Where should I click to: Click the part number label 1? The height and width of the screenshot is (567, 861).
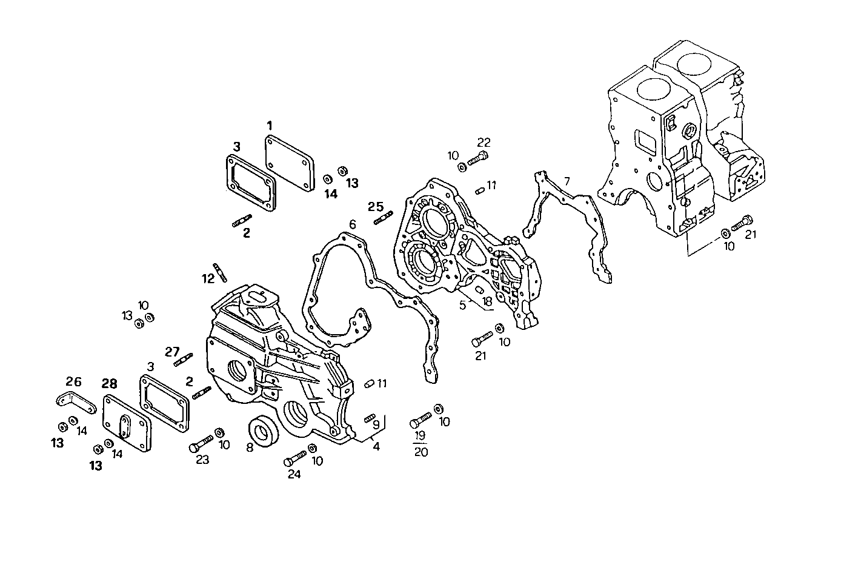269,126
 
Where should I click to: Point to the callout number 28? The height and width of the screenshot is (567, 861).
110,383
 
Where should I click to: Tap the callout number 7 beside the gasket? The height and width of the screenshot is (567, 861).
567,181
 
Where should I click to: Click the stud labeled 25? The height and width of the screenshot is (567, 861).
384,217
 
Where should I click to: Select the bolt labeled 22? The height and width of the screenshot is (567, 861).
478,159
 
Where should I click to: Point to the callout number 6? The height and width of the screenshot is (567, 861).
352,224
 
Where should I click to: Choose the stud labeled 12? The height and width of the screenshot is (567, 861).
219,272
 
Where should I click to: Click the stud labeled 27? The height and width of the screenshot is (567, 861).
183,360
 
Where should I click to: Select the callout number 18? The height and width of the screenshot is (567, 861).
487,301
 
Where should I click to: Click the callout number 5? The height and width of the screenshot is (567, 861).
462,305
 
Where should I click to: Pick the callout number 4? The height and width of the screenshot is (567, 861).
376,447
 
